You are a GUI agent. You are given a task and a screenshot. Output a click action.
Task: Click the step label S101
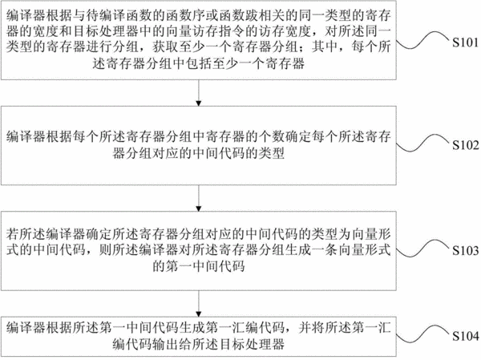[465, 42]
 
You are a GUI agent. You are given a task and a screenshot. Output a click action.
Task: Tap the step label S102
[465, 145]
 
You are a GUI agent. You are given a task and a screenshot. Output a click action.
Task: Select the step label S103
[465, 251]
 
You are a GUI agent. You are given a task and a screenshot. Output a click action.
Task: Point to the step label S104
[465, 337]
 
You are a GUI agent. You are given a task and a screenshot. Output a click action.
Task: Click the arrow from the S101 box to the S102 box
[199, 93]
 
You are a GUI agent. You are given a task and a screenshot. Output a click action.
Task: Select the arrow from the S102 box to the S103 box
[199, 198]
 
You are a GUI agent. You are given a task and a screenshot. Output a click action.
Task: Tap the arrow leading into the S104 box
[199, 304]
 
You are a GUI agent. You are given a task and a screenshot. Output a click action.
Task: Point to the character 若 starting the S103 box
[13, 234]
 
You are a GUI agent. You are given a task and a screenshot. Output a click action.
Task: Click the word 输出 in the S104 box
[166, 344]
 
